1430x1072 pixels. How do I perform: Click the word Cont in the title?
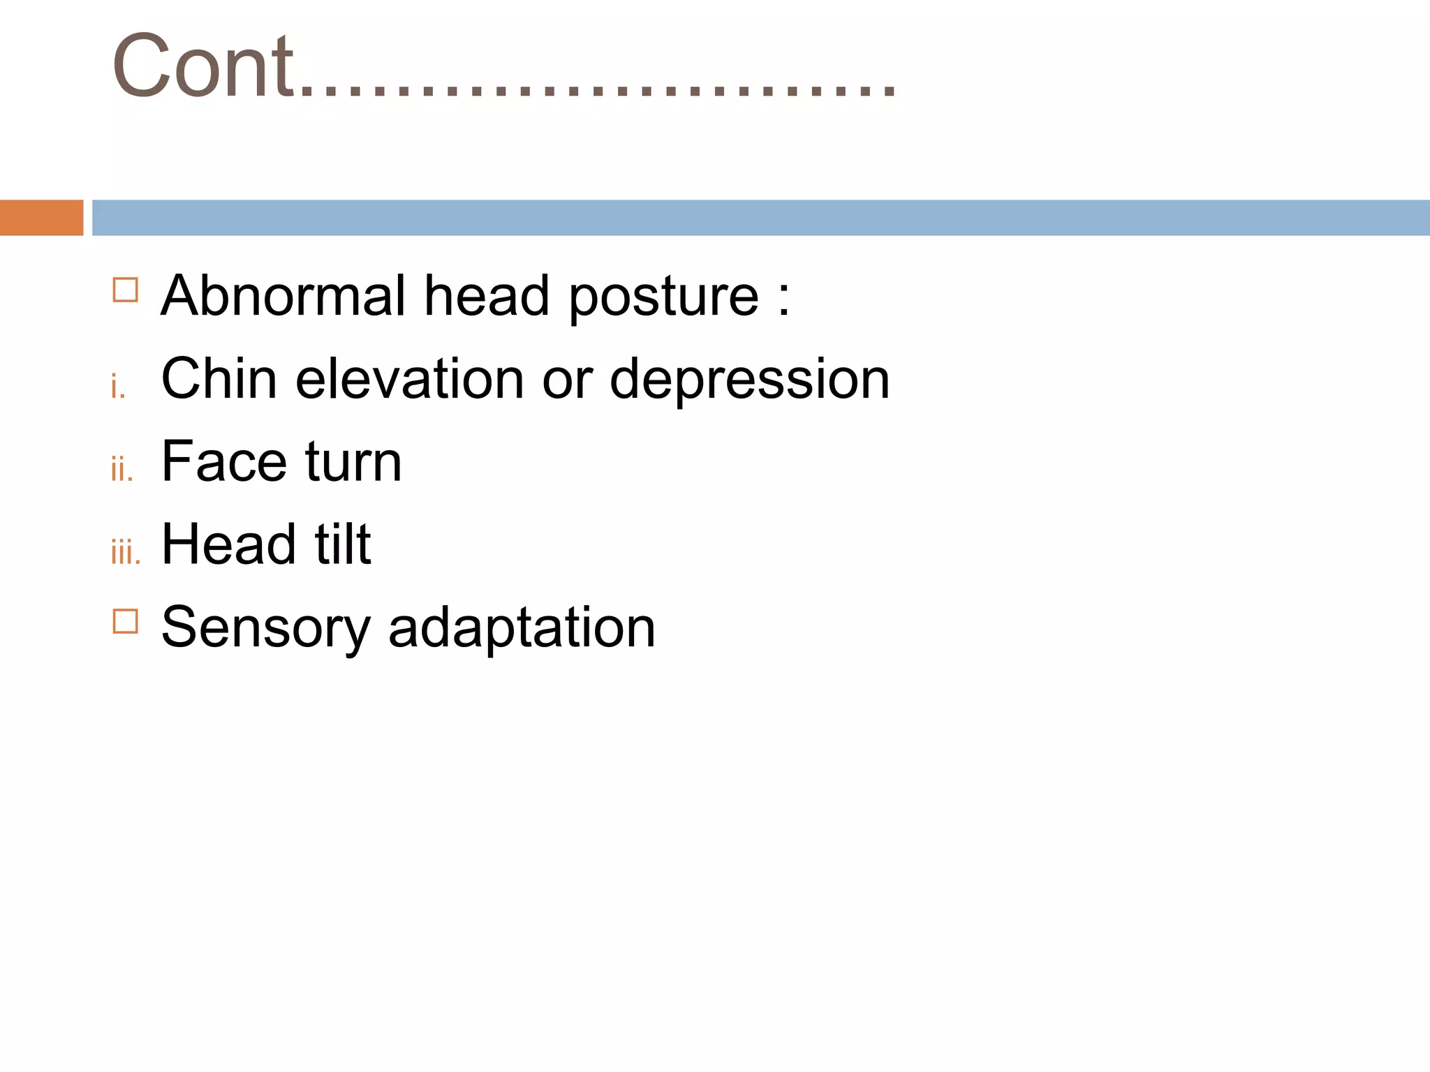coord(202,66)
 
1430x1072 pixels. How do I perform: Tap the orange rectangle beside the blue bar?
coord(41,218)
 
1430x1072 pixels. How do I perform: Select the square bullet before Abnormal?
coord(125,290)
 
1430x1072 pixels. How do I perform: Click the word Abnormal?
coord(283,296)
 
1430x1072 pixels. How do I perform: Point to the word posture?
coord(663,299)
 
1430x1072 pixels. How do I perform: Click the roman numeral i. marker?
coord(118,386)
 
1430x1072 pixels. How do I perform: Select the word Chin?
coord(219,379)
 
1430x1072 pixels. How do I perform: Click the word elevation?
coord(409,379)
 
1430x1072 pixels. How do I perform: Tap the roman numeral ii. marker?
coord(121,469)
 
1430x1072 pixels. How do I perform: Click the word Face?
coord(223,462)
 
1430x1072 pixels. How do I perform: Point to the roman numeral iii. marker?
coord(126,552)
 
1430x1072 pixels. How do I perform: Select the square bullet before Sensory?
coord(125,620)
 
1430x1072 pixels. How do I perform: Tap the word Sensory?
coord(265,628)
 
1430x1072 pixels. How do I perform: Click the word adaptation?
coord(522,628)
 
